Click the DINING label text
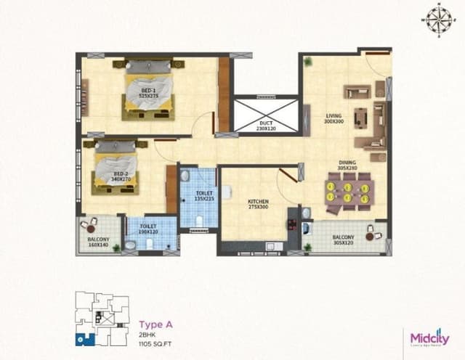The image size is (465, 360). pyautogui.click(x=347, y=165)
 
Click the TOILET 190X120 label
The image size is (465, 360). pyautogui.click(x=150, y=229)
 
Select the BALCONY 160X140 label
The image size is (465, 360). pyautogui.click(x=97, y=242)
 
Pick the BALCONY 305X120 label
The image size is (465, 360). pyautogui.click(x=344, y=240)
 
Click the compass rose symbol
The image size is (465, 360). pyautogui.click(x=439, y=15)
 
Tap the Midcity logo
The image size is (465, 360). pyautogui.click(x=429, y=339)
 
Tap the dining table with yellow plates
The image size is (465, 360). pyautogui.click(x=347, y=194)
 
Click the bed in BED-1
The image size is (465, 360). pyautogui.click(x=150, y=90)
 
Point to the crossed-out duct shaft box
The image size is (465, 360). pyautogui.click(x=266, y=115)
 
